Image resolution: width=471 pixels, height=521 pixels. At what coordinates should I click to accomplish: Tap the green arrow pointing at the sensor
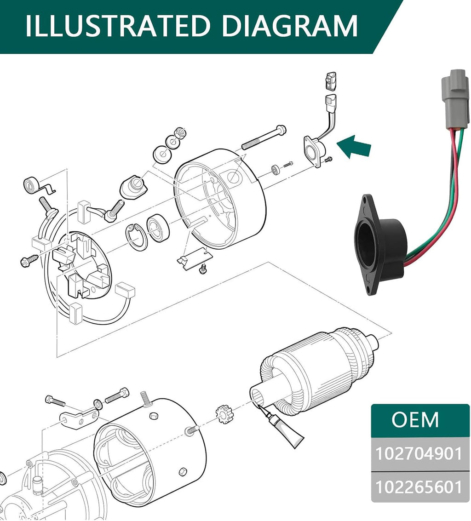[354, 147]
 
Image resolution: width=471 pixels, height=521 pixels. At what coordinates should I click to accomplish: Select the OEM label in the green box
[415, 420]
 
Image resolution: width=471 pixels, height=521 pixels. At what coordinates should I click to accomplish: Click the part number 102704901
[419, 453]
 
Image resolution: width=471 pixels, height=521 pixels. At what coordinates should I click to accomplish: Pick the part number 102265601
[419, 487]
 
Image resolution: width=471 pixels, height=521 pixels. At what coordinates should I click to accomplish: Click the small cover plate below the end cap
[194, 260]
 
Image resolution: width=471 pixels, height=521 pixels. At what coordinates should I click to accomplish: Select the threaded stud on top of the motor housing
[147, 399]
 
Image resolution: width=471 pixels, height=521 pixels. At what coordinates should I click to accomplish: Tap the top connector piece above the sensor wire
[330, 81]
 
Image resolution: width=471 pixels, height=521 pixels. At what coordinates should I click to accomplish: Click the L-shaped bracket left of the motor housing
[79, 418]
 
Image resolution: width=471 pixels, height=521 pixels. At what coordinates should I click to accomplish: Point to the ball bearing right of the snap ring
[158, 228]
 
